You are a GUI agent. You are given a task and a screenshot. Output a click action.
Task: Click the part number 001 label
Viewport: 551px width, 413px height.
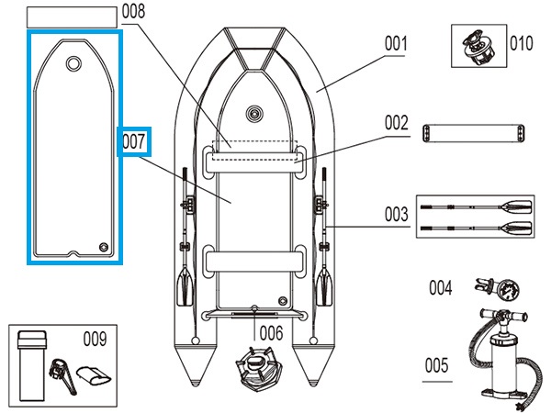[x=396, y=43]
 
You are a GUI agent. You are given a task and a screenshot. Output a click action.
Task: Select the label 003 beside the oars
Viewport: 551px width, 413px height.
[x=396, y=216]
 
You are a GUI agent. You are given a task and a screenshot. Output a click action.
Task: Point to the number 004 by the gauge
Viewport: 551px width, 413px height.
[x=441, y=288]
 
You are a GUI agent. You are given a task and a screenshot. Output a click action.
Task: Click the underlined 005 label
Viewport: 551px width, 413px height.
[x=437, y=366]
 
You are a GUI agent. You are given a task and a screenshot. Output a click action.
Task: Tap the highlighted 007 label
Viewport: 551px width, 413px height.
[x=134, y=141]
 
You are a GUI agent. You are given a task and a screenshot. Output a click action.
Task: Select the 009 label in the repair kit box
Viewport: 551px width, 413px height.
[x=94, y=338]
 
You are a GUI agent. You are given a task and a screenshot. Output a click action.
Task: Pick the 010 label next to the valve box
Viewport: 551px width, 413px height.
[x=521, y=43]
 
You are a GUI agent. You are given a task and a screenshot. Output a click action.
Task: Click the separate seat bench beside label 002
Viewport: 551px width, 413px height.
[x=476, y=134]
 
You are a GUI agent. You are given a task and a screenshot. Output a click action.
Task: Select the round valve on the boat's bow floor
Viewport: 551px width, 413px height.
[x=254, y=116]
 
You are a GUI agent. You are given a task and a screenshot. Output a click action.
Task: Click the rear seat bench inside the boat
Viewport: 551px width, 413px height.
[x=254, y=260]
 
